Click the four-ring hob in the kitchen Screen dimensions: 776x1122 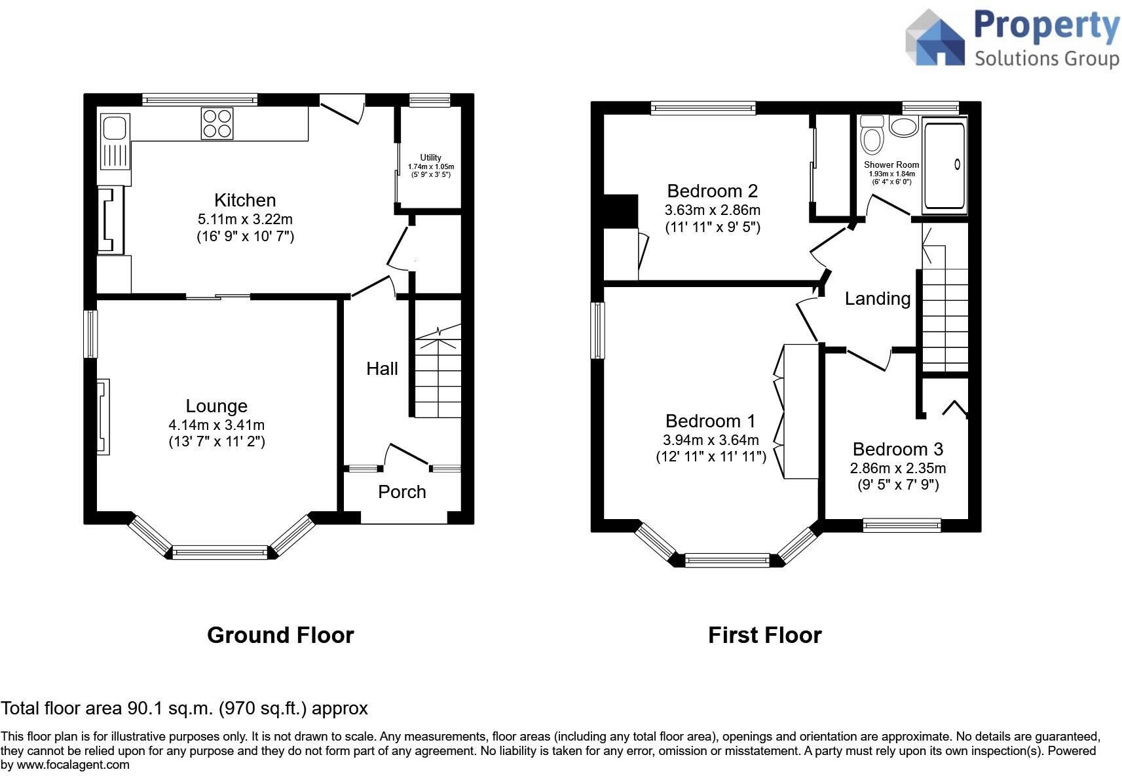click(217, 123)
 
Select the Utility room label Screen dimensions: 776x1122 click(430, 157)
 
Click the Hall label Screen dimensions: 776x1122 click(382, 369)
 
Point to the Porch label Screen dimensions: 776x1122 click(402, 492)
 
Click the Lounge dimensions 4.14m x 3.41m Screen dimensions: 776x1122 click(216, 425)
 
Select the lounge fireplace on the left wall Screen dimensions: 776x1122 click(103, 417)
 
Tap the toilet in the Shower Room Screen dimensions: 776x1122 click(872, 136)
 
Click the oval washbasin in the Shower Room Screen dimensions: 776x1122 click(904, 126)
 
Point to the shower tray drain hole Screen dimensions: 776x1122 click(957, 165)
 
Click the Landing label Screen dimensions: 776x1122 click(877, 299)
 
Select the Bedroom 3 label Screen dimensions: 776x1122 click(897, 450)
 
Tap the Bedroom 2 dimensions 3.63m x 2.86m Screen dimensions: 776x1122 click(712, 210)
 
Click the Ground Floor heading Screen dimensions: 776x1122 click(280, 635)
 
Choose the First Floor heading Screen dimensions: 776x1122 click(764, 635)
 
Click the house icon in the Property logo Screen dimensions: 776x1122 click(935, 39)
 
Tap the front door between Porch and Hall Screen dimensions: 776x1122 click(407, 455)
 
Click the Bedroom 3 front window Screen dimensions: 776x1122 click(902, 524)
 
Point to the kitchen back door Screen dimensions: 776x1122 click(343, 108)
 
